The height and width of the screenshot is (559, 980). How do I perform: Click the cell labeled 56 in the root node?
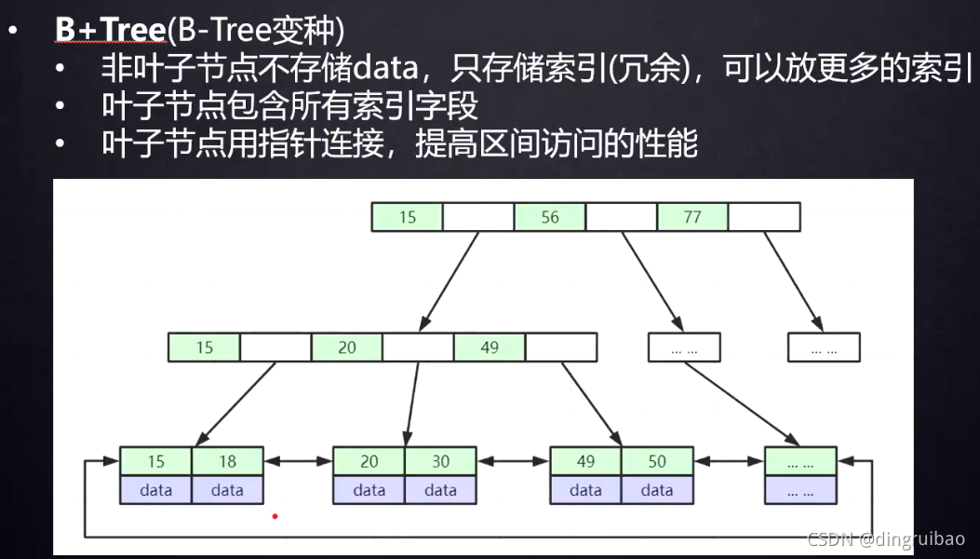pos(550,217)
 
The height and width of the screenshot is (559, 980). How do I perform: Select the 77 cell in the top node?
pos(692,217)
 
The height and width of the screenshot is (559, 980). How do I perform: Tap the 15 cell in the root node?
pos(407,217)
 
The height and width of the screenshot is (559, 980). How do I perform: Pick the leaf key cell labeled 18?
pos(228,461)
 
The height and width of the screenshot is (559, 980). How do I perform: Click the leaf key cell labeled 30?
pos(441,461)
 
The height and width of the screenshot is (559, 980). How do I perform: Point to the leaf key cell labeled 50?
pos(657,461)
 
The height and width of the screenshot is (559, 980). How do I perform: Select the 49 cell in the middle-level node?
pos(490,348)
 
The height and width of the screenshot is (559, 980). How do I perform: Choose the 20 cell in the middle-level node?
pos(347,348)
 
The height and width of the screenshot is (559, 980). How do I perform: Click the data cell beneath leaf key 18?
pos(228,490)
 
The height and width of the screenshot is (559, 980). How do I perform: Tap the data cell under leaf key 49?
pos(585,490)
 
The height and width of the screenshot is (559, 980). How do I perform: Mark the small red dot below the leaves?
pos(275,515)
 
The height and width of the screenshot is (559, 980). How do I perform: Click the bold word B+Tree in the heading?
pos(110,30)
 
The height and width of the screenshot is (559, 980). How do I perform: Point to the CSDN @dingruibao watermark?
pos(885,539)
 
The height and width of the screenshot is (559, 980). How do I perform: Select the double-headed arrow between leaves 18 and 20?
pos(299,461)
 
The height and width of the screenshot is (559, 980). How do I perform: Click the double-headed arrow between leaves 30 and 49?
pos(513,461)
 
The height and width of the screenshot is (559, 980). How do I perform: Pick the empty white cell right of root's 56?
pos(621,217)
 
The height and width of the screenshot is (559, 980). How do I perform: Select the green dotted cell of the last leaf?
pos(800,461)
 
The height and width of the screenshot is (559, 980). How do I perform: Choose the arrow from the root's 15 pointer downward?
pos(450,279)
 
